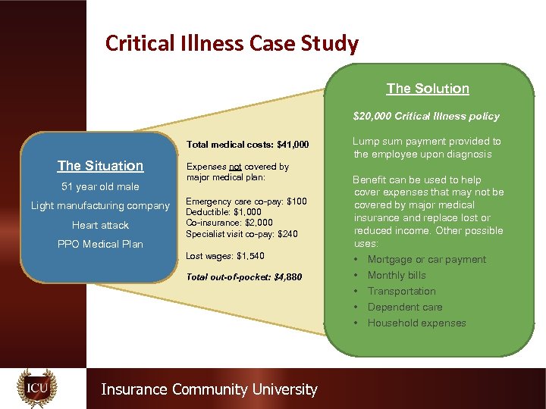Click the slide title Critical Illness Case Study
tap(231, 44)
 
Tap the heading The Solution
tap(428, 89)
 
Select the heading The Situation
tap(100, 166)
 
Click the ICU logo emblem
tap(37, 389)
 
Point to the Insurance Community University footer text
tap(209, 389)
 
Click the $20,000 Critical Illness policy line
tap(426, 117)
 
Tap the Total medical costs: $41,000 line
tap(247, 144)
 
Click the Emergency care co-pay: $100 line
tap(246, 202)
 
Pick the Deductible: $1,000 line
tap(224, 213)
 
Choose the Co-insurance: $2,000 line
tap(231, 223)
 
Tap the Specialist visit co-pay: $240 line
tap(242, 234)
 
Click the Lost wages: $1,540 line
tap(225, 256)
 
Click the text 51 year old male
tap(100, 187)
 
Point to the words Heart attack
tap(100, 226)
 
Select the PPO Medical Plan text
tap(100, 245)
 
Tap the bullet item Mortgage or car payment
tap(427, 260)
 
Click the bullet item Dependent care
tap(405, 308)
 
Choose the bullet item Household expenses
tap(417, 323)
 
